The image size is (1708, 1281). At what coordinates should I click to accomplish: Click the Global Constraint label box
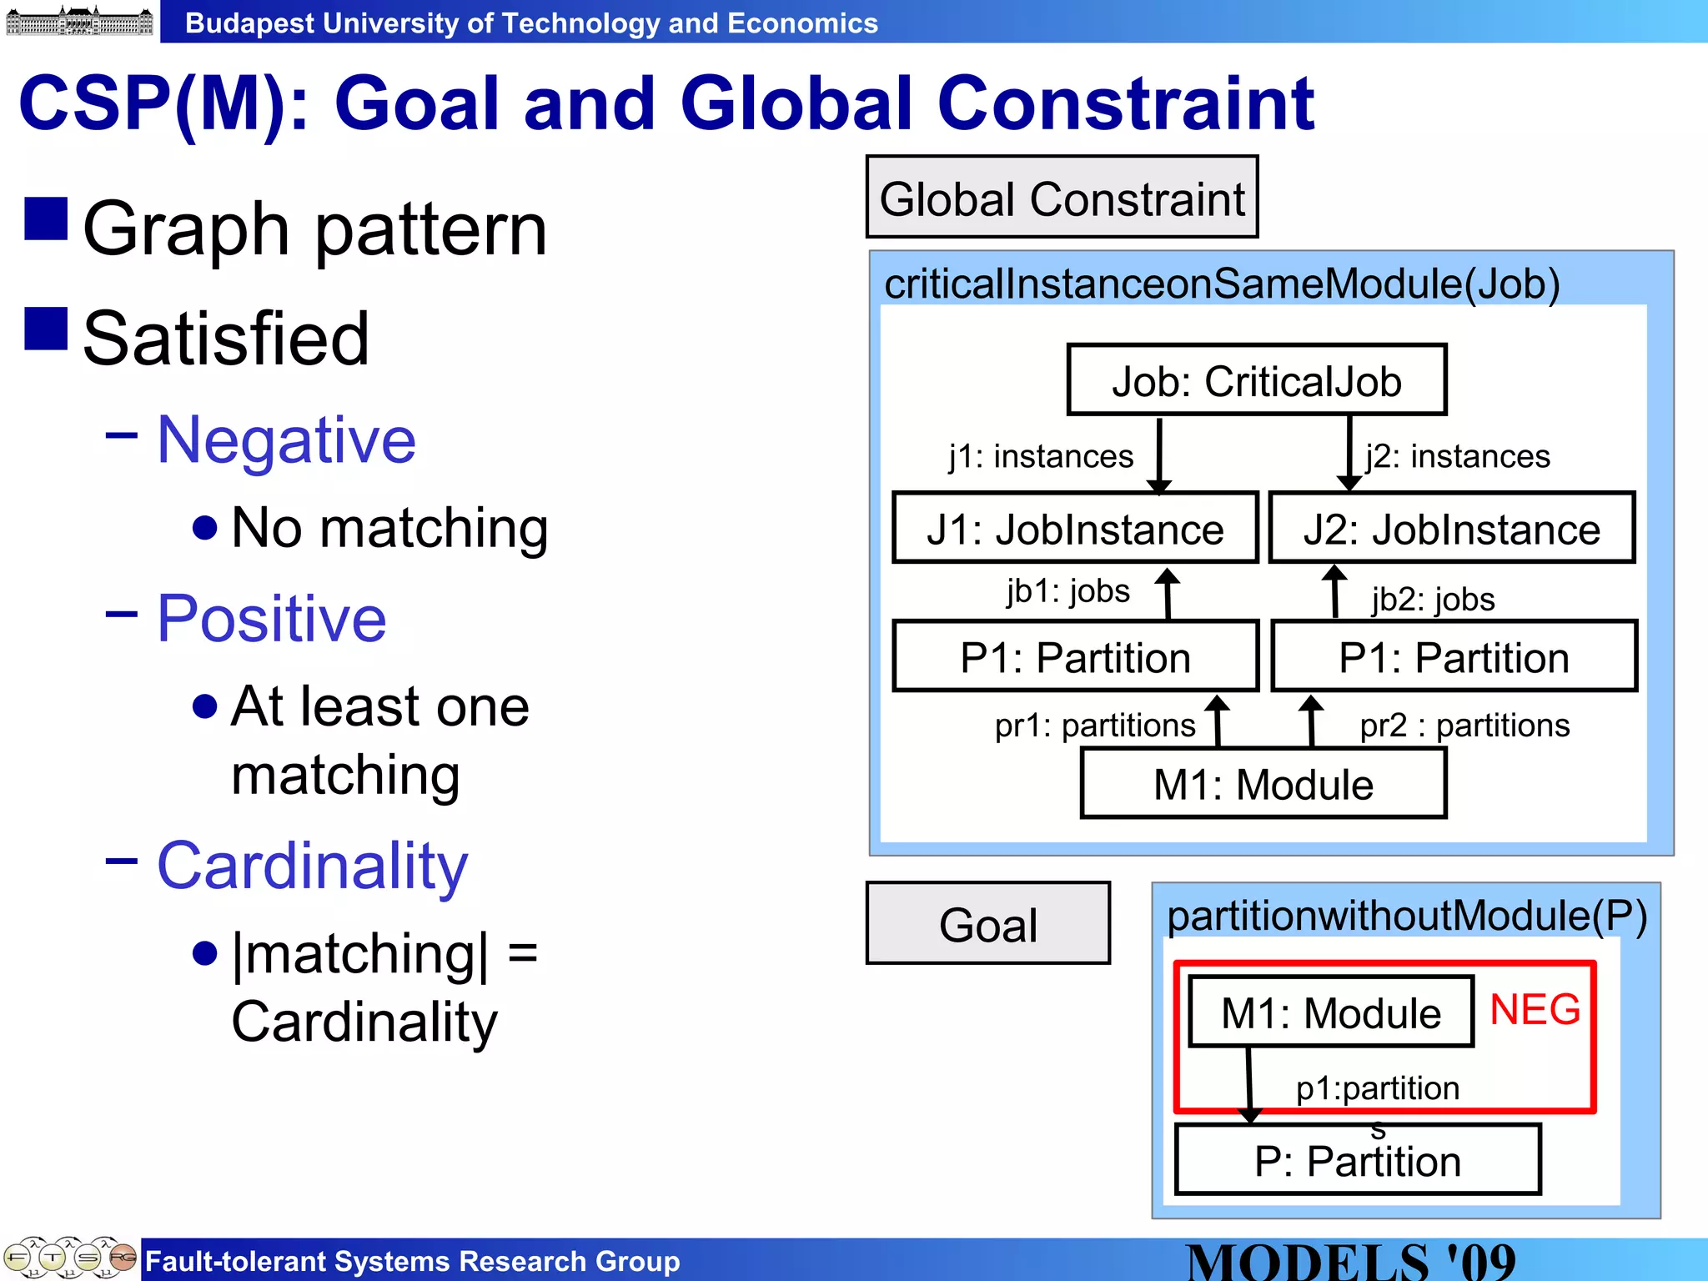1062,198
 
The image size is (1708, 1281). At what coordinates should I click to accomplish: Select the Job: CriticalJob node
1256,380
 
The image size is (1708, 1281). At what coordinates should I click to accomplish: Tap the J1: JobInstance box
1074,529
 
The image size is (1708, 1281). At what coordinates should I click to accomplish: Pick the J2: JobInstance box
1451,529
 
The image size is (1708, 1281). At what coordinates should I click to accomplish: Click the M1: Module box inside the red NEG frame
1330,1012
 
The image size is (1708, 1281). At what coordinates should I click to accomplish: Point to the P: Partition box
1357,1160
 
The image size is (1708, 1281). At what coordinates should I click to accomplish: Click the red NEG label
1535,1009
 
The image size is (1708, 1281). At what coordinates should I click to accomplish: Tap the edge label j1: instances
1041,456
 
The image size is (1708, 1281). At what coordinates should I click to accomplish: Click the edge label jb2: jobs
1433,599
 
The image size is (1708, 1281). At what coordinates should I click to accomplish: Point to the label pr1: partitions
1095,725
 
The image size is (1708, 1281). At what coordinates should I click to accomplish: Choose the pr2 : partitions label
1464,725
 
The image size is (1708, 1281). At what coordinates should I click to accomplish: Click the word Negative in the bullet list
286,440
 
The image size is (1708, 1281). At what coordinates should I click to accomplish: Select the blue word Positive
272,618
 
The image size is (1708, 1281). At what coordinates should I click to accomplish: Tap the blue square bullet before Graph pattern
46,219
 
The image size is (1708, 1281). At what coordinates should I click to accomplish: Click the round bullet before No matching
204,527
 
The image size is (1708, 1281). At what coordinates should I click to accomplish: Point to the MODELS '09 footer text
1350,1261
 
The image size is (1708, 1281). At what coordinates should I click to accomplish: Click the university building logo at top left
79,21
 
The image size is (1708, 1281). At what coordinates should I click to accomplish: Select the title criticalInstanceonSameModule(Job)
1221,284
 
